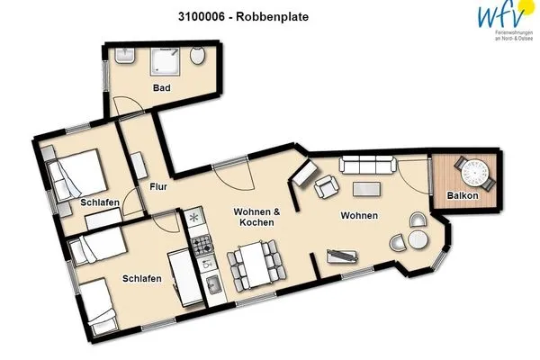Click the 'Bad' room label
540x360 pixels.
point(162,88)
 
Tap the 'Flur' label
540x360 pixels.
point(158,188)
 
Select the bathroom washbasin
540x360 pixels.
point(123,58)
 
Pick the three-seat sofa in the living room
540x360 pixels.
point(367,164)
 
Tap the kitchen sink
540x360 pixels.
point(215,286)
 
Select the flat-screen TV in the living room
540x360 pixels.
point(343,257)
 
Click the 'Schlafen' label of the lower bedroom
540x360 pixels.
point(142,279)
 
